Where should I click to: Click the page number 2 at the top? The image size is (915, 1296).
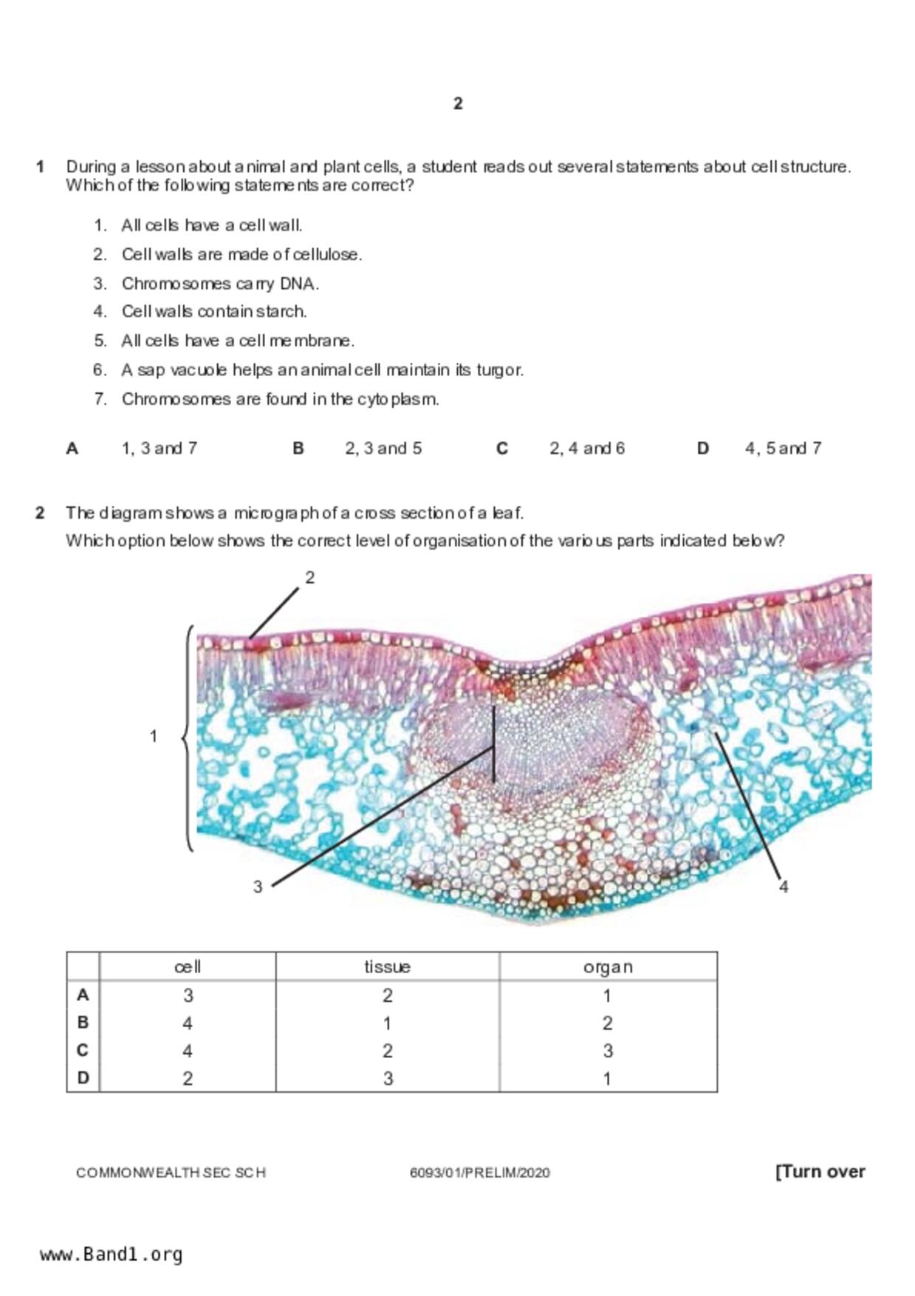click(x=458, y=103)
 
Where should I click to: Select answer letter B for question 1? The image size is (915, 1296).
click(x=298, y=449)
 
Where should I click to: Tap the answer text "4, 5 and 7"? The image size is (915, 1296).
click(x=783, y=449)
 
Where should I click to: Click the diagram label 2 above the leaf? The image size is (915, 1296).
click(x=310, y=578)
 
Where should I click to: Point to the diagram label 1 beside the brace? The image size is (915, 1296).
click(x=154, y=736)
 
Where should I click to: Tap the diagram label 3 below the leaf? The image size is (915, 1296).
click(x=258, y=887)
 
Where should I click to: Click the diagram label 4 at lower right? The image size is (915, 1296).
click(x=784, y=887)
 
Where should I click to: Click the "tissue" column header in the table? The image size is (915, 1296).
click(x=387, y=967)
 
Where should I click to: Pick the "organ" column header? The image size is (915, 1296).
click(x=608, y=967)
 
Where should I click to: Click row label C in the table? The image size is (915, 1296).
click(x=83, y=1051)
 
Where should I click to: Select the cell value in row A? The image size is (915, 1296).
click(x=188, y=996)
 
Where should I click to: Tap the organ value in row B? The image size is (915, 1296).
click(x=607, y=1023)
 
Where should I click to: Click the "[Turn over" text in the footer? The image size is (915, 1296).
click(x=820, y=1172)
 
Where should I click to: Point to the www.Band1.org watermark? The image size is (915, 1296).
click(x=111, y=1255)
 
